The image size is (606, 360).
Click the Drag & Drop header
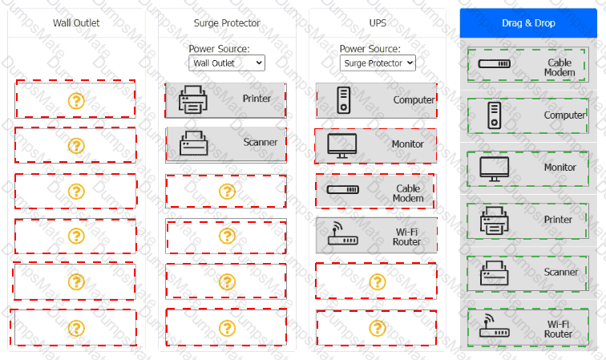(528, 23)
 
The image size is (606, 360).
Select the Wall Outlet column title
(76, 23)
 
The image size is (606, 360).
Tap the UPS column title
(378, 23)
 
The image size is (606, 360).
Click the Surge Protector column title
(227, 23)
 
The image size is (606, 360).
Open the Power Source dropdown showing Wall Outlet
(227, 62)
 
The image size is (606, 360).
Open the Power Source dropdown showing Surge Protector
(378, 62)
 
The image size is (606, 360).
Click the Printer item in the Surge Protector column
(226, 99)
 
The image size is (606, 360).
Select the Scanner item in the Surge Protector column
(226, 144)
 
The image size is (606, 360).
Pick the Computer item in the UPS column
(376, 100)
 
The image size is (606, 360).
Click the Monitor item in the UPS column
(376, 146)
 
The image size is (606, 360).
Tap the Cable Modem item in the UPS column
(376, 192)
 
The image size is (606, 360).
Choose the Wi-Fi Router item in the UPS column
(376, 237)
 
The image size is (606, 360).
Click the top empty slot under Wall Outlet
(75, 100)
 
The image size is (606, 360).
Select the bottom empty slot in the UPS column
(376, 327)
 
